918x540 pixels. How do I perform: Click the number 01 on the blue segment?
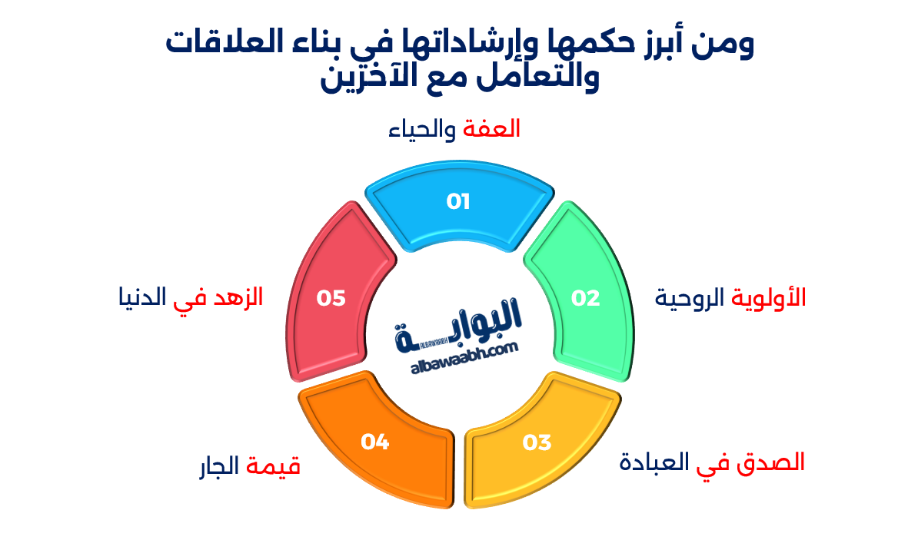point(458,202)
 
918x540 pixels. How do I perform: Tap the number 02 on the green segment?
point(585,298)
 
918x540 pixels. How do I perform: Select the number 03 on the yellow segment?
point(537,442)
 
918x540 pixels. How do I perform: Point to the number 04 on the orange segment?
point(375,442)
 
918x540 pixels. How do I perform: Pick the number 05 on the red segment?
point(331,298)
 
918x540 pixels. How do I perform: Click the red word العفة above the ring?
point(492,129)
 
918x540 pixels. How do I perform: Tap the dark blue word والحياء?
point(424,129)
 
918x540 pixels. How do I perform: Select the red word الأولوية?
point(768,298)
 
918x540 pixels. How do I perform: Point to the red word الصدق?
point(773,462)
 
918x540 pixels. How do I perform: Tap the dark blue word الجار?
point(220,466)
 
